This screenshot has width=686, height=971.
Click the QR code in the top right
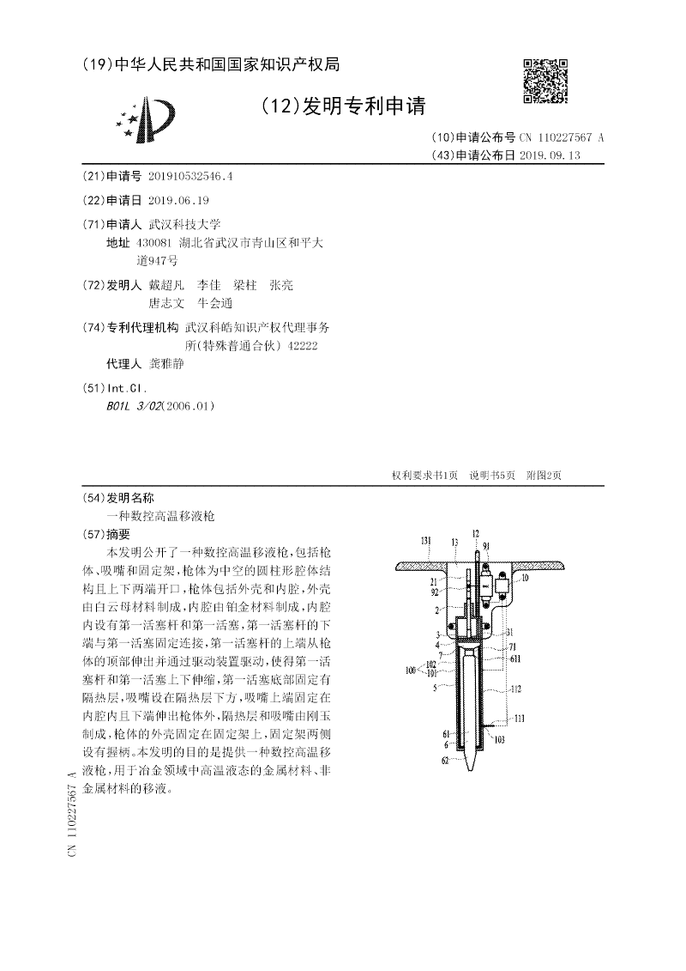545,81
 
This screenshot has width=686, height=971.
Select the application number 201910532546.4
190,176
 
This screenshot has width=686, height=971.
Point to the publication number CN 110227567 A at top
561,137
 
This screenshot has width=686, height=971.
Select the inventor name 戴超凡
166,285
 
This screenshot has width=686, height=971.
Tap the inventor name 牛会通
214,303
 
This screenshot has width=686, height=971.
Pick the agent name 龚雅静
160,364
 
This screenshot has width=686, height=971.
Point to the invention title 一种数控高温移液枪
161,515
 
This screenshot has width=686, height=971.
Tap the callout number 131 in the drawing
426,541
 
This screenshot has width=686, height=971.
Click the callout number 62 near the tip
446,761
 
